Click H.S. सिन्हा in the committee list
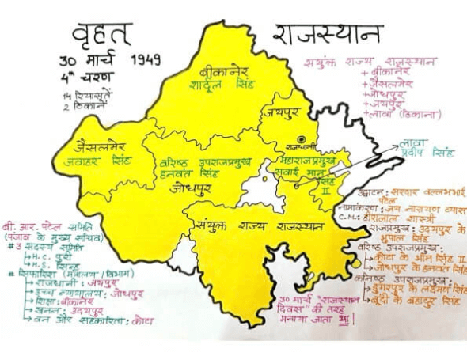(44, 265)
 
